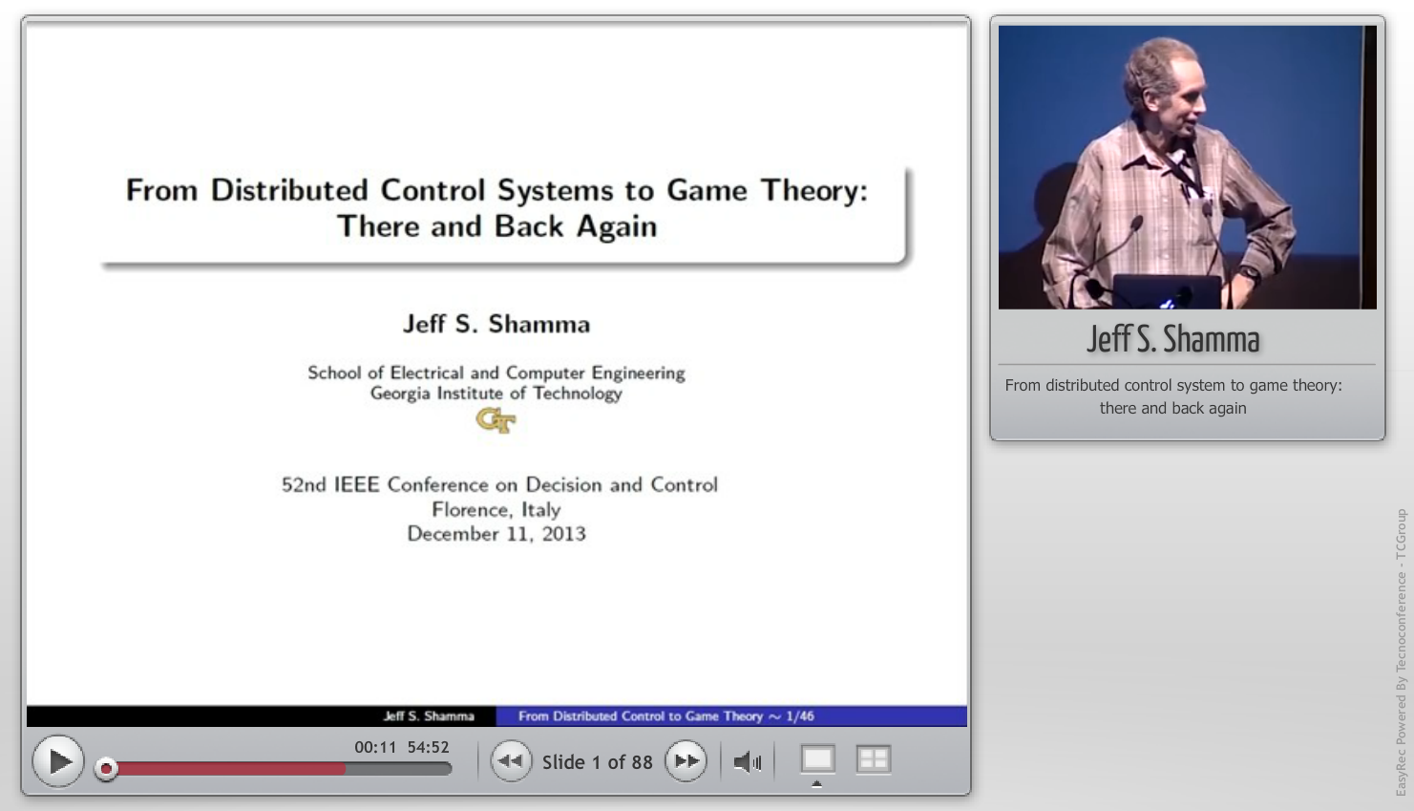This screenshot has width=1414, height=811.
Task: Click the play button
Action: click(x=58, y=761)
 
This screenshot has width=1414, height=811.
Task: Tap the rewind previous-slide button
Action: click(x=511, y=761)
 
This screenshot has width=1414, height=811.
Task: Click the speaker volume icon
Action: click(x=748, y=762)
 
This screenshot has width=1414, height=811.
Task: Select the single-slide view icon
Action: click(x=818, y=759)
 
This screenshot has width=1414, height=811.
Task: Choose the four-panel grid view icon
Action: click(x=874, y=759)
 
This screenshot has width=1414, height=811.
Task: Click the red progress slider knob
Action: click(x=106, y=769)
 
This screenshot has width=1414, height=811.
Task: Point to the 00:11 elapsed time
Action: click(x=375, y=747)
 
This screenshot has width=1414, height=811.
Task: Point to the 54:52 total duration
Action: click(x=428, y=747)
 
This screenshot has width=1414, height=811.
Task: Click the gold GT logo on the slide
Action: click(x=496, y=420)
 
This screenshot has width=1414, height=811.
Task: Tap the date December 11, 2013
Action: click(x=496, y=534)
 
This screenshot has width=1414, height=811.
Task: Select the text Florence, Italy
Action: click(x=496, y=510)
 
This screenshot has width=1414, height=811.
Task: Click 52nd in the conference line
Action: click(x=304, y=485)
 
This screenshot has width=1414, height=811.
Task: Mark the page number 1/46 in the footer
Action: click(x=800, y=716)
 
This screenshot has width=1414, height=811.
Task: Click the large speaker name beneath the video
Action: click(x=1172, y=339)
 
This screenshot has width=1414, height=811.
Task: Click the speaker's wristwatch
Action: click(x=1248, y=274)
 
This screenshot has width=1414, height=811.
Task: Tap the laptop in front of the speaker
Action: click(x=1167, y=291)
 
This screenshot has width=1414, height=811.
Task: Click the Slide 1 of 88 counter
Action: click(x=597, y=762)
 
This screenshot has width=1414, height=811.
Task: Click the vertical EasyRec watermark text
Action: click(x=1401, y=652)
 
